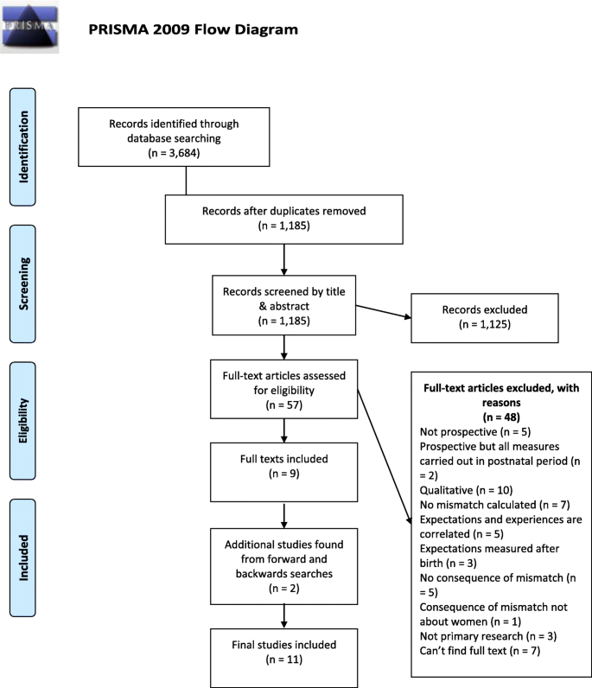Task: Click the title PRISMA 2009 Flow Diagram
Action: (193, 29)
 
